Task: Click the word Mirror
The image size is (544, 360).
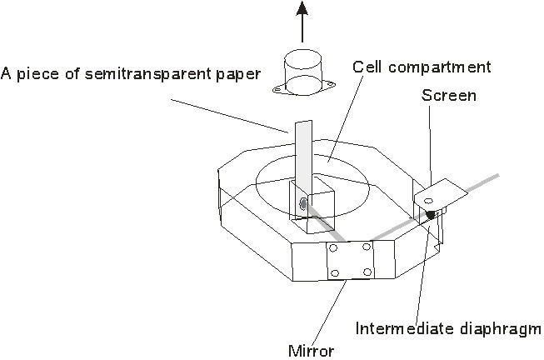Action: click(312, 351)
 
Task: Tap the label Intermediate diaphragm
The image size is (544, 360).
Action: click(448, 329)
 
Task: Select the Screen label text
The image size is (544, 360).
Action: click(449, 96)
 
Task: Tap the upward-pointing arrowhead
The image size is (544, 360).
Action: click(302, 8)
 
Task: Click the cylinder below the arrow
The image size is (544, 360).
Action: click(303, 72)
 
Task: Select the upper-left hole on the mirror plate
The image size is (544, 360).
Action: click(333, 247)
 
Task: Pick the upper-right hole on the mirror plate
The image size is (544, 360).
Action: click(367, 247)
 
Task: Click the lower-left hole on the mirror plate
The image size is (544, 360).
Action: click(334, 272)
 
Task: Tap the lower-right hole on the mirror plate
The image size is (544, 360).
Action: click(367, 272)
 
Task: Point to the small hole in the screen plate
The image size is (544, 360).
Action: click(429, 201)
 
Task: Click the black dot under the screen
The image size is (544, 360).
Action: click(431, 214)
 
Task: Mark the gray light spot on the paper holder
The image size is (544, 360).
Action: click(303, 204)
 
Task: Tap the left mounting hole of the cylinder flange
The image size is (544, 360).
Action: click(277, 90)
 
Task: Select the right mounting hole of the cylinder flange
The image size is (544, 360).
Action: click(330, 84)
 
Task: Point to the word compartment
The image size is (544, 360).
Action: click(440, 67)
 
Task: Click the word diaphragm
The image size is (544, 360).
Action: click(500, 329)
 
